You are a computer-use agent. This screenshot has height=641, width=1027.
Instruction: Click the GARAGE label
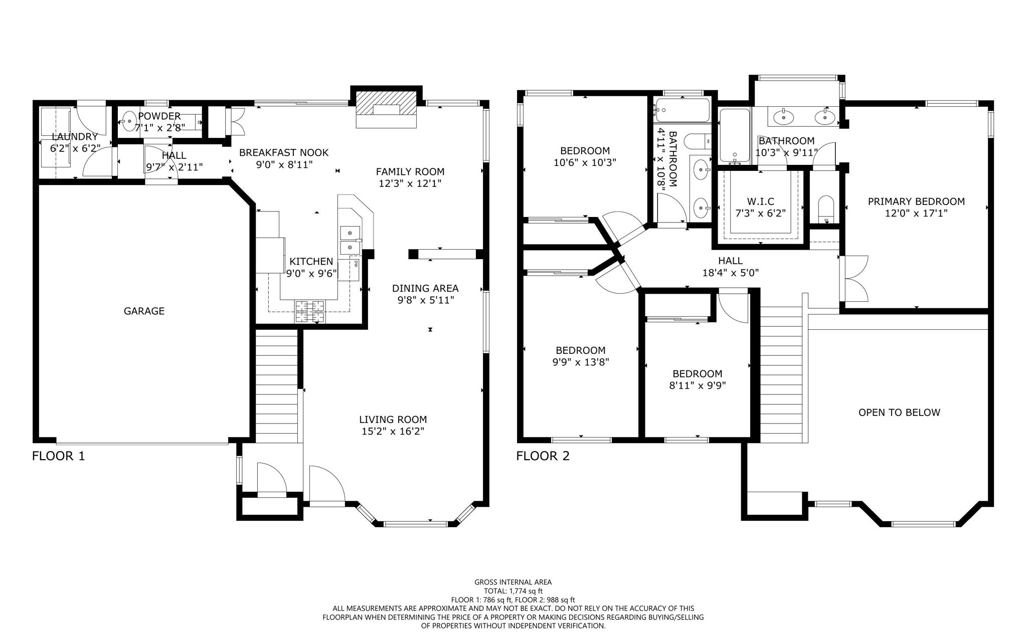144,311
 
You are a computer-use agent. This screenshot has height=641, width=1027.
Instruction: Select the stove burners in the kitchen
309,311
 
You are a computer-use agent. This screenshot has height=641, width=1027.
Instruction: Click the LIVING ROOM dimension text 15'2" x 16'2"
393,432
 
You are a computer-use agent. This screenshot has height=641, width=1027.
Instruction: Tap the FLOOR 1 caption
58,456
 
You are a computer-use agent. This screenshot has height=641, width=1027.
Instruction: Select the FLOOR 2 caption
543,456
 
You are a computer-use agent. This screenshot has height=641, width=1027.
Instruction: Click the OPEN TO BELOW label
899,412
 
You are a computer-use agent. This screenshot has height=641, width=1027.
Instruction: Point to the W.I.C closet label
760,201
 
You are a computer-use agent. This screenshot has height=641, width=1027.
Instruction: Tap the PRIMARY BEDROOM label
916,201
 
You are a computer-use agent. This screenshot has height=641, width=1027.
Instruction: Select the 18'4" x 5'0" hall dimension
730,273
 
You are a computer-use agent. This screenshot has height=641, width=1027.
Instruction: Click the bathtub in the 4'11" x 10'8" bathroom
682,111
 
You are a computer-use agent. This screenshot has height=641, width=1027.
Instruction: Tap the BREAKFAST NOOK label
283,152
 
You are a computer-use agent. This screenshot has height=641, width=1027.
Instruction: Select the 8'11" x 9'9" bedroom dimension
697,385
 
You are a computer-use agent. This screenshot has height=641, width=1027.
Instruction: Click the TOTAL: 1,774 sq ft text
513,591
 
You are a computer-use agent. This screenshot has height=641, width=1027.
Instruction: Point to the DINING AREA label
425,288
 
